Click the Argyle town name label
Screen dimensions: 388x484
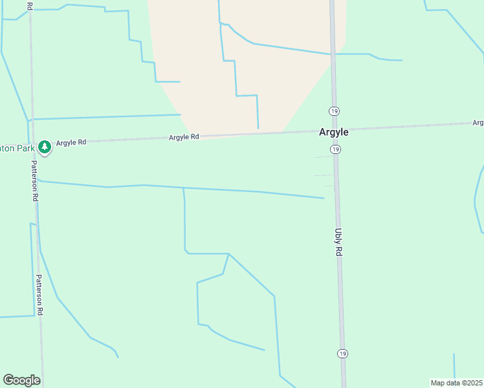(x=334, y=132)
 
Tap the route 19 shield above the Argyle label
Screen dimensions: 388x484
(x=334, y=111)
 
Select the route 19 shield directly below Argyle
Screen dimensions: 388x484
(x=335, y=149)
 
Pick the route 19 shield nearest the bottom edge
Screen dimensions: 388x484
(x=342, y=353)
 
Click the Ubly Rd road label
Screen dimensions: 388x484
(x=338, y=242)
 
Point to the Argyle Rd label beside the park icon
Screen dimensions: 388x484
(x=71, y=142)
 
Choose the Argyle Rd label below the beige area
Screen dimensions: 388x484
(x=184, y=137)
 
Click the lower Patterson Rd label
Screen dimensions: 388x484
(x=39, y=295)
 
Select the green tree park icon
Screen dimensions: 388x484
(x=44, y=147)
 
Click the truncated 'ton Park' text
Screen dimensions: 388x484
(x=17, y=147)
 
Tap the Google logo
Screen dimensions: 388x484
(x=21, y=380)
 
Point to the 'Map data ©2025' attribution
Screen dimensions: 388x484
(x=457, y=383)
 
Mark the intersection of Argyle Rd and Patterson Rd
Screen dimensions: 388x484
(x=32, y=144)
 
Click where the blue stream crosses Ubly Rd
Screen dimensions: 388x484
(x=335, y=54)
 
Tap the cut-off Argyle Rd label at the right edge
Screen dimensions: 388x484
(x=478, y=122)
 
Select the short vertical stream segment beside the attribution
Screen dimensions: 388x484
(x=454, y=366)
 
